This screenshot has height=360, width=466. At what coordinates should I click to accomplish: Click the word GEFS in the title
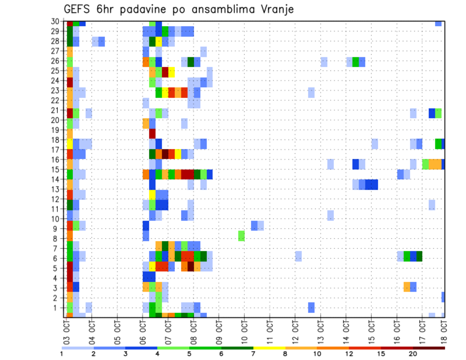point(78,9)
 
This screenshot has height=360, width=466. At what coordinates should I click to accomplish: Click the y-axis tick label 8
point(57,238)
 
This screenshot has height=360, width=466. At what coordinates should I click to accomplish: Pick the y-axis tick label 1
point(57,308)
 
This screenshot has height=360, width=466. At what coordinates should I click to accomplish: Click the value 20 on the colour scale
point(413,354)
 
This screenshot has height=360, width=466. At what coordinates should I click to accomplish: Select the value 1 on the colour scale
point(62,354)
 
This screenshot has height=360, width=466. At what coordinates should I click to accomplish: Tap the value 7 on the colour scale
point(253,354)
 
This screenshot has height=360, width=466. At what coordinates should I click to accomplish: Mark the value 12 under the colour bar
point(349,354)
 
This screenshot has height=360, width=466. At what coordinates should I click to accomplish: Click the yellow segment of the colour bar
point(269,348)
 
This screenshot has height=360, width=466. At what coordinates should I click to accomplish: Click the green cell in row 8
point(241,236)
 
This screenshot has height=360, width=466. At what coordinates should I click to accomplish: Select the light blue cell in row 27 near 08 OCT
point(203,51)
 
